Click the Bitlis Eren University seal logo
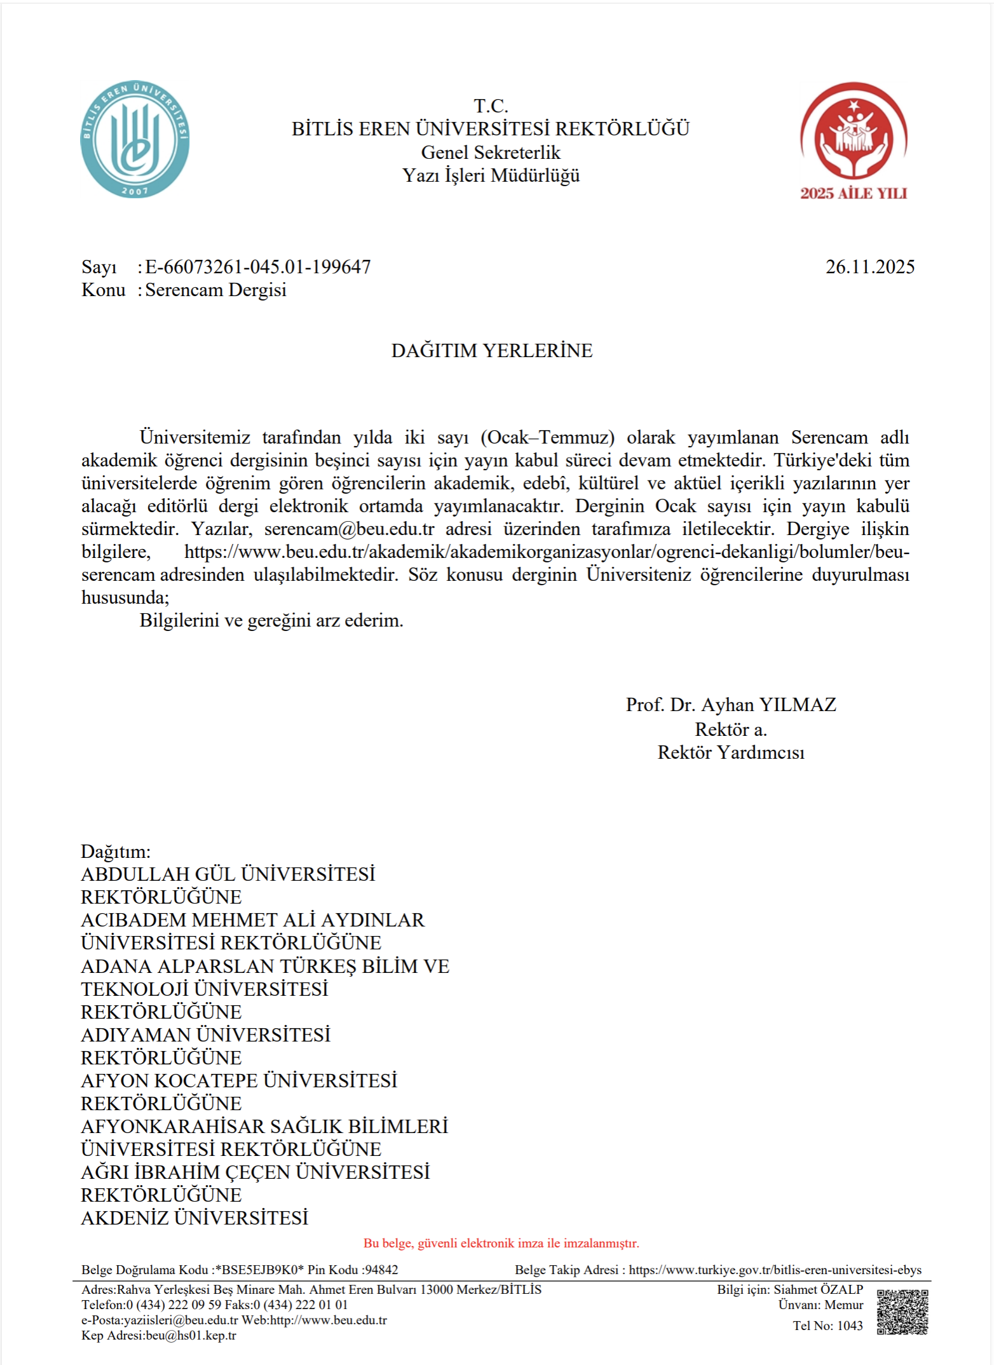[135, 139]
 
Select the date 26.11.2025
[869, 267]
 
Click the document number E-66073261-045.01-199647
[258, 267]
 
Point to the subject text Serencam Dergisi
[215, 290]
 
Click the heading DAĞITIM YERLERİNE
[491, 351]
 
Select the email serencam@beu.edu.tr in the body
[349, 529]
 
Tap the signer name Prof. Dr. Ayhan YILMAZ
[730, 705]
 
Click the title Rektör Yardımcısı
[730, 752]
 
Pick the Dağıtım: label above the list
[116, 852]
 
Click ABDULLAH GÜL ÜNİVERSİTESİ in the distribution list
[228, 874]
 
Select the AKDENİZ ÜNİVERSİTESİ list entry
[194, 1218]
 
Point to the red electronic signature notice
[501, 1244]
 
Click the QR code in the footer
[902, 1312]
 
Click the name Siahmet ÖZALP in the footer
[818, 1289]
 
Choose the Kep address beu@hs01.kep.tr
[191, 1335]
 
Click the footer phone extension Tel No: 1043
[827, 1326]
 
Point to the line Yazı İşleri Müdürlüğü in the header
[491, 175]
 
